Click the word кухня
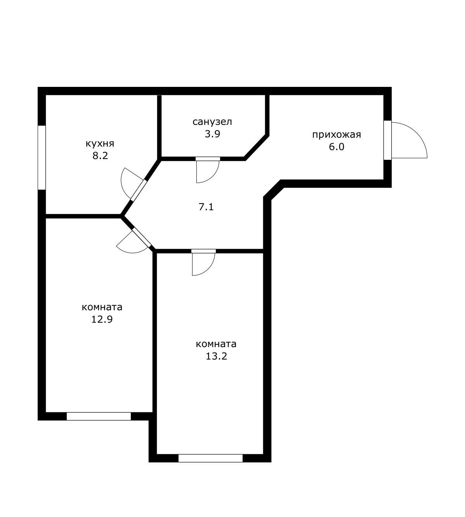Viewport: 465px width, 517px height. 100,144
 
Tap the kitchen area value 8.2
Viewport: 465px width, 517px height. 100,156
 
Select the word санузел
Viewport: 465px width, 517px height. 212,122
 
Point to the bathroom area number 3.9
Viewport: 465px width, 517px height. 212,134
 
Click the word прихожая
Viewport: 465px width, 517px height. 337,135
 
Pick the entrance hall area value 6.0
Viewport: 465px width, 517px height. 337,147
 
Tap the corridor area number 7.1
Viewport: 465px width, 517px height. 206,207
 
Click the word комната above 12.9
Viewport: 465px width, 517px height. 102,307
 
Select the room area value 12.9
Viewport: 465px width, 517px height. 102,319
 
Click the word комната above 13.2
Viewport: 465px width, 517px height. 216,344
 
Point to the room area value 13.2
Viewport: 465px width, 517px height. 216,356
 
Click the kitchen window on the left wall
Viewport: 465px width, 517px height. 42,157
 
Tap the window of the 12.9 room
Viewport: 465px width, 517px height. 99,416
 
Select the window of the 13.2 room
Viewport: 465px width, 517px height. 210,458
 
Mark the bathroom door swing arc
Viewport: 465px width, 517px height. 213,176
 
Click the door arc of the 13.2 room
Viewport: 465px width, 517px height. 208,269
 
